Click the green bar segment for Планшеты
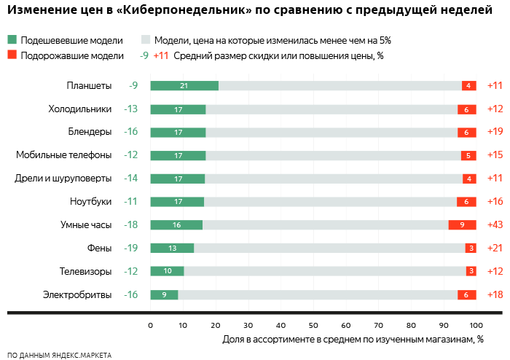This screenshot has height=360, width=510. [184, 86]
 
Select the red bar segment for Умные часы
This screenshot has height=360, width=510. [462, 225]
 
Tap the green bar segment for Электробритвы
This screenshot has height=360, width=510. [164, 295]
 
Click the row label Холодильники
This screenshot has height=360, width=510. [79, 109]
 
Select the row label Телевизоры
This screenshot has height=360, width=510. [85, 272]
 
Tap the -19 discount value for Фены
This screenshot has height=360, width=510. [131, 249]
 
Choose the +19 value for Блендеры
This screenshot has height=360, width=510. [495, 133]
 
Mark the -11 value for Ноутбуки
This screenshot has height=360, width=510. [131, 202]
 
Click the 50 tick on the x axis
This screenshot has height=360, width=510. [313, 325]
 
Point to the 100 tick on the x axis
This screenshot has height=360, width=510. [476, 325]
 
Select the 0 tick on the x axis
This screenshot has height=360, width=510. [150, 325]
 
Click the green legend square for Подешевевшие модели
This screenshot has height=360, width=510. [12, 41]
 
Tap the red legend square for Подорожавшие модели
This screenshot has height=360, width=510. [12, 55]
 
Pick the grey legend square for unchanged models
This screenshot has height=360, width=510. [146, 41]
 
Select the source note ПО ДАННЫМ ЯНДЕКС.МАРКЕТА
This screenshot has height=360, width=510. [59, 355]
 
